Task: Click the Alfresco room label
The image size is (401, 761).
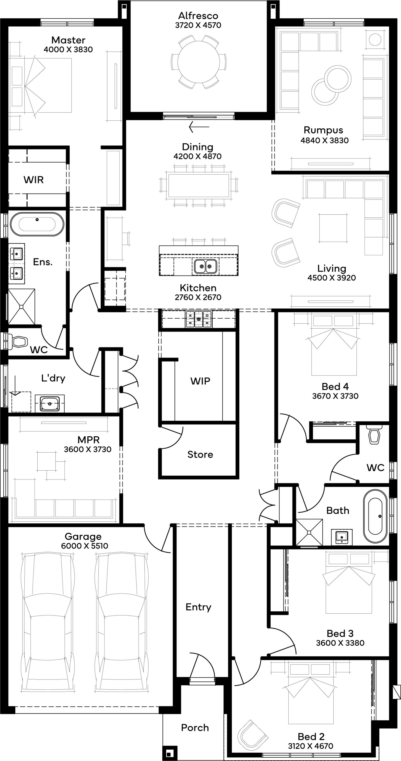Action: pos(198,16)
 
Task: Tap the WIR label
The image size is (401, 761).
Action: pos(34,180)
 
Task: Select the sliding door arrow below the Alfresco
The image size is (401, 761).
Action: pos(199,127)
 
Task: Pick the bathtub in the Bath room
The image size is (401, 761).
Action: pos(375,516)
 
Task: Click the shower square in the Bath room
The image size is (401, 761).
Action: pos(309,532)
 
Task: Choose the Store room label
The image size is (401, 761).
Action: pos(200,454)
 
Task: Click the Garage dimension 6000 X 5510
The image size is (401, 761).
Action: pos(85,546)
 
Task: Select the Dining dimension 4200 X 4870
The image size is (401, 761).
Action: pos(197,156)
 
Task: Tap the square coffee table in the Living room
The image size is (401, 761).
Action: pos(333,228)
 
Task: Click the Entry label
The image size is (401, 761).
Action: pos(198,607)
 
